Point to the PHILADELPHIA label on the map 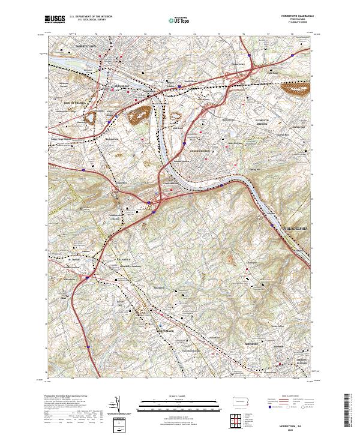[295, 229]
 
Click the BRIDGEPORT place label [122, 86]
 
